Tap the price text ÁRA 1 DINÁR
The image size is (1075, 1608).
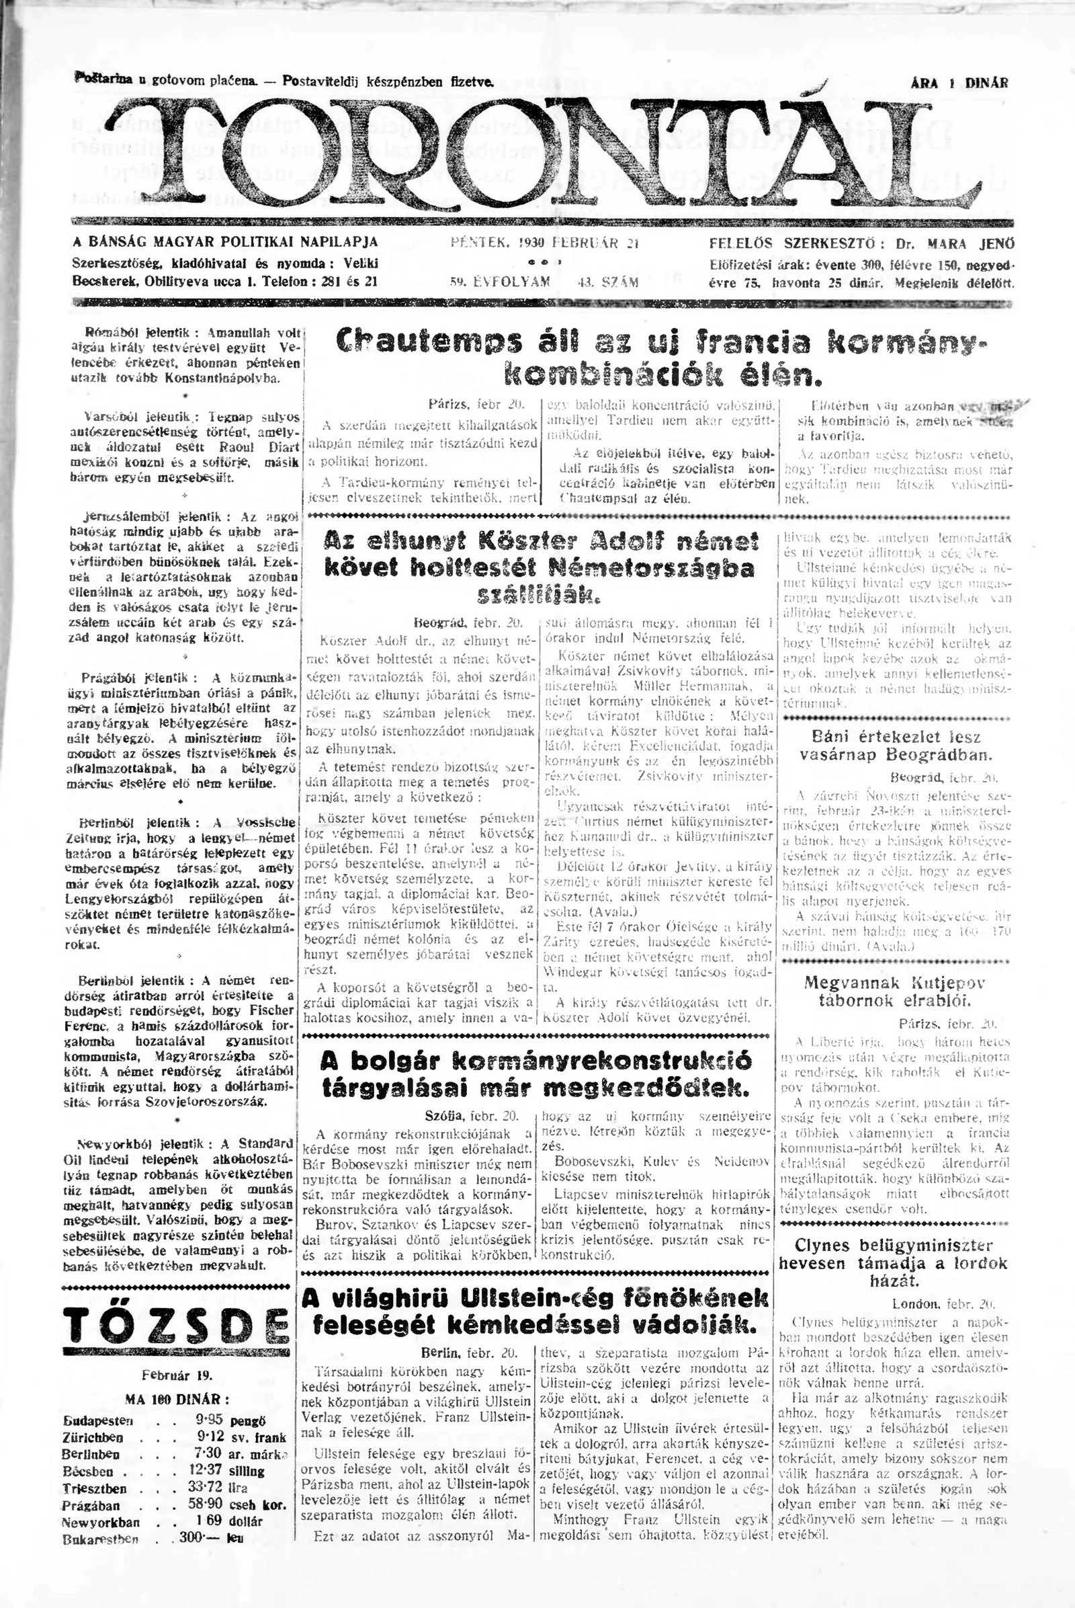coord(959,83)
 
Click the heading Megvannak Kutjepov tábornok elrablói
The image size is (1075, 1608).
coord(894,992)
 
